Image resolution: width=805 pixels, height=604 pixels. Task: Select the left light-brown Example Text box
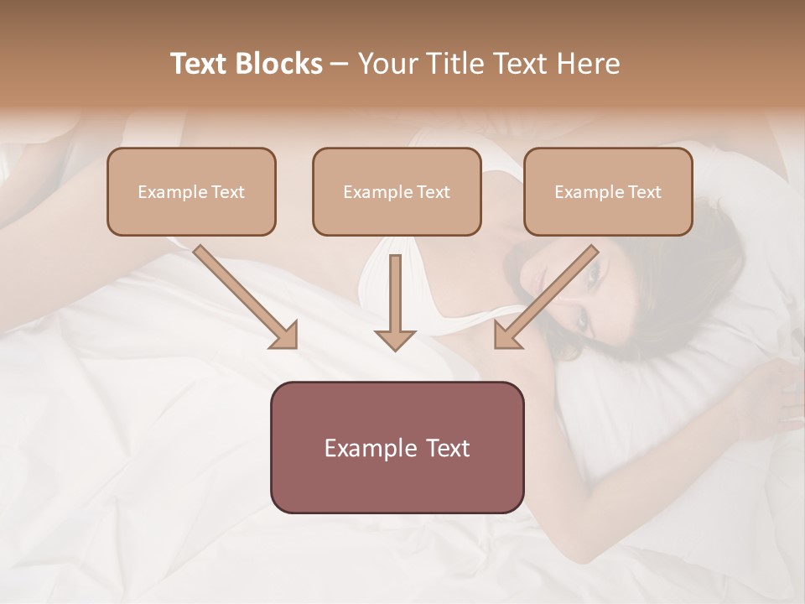[191, 191]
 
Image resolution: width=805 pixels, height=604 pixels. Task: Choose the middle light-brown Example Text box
[397, 191]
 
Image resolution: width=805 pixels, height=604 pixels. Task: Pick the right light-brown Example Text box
[608, 191]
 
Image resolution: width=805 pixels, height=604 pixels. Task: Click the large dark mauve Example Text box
[397, 447]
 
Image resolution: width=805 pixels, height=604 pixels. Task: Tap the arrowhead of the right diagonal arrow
[506, 336]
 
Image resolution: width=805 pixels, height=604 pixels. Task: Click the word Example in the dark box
[365, 448]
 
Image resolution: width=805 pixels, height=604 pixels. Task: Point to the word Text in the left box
[228, 192]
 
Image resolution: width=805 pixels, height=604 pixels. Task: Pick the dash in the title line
[340, 64]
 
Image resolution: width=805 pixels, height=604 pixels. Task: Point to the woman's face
[587, 294]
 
